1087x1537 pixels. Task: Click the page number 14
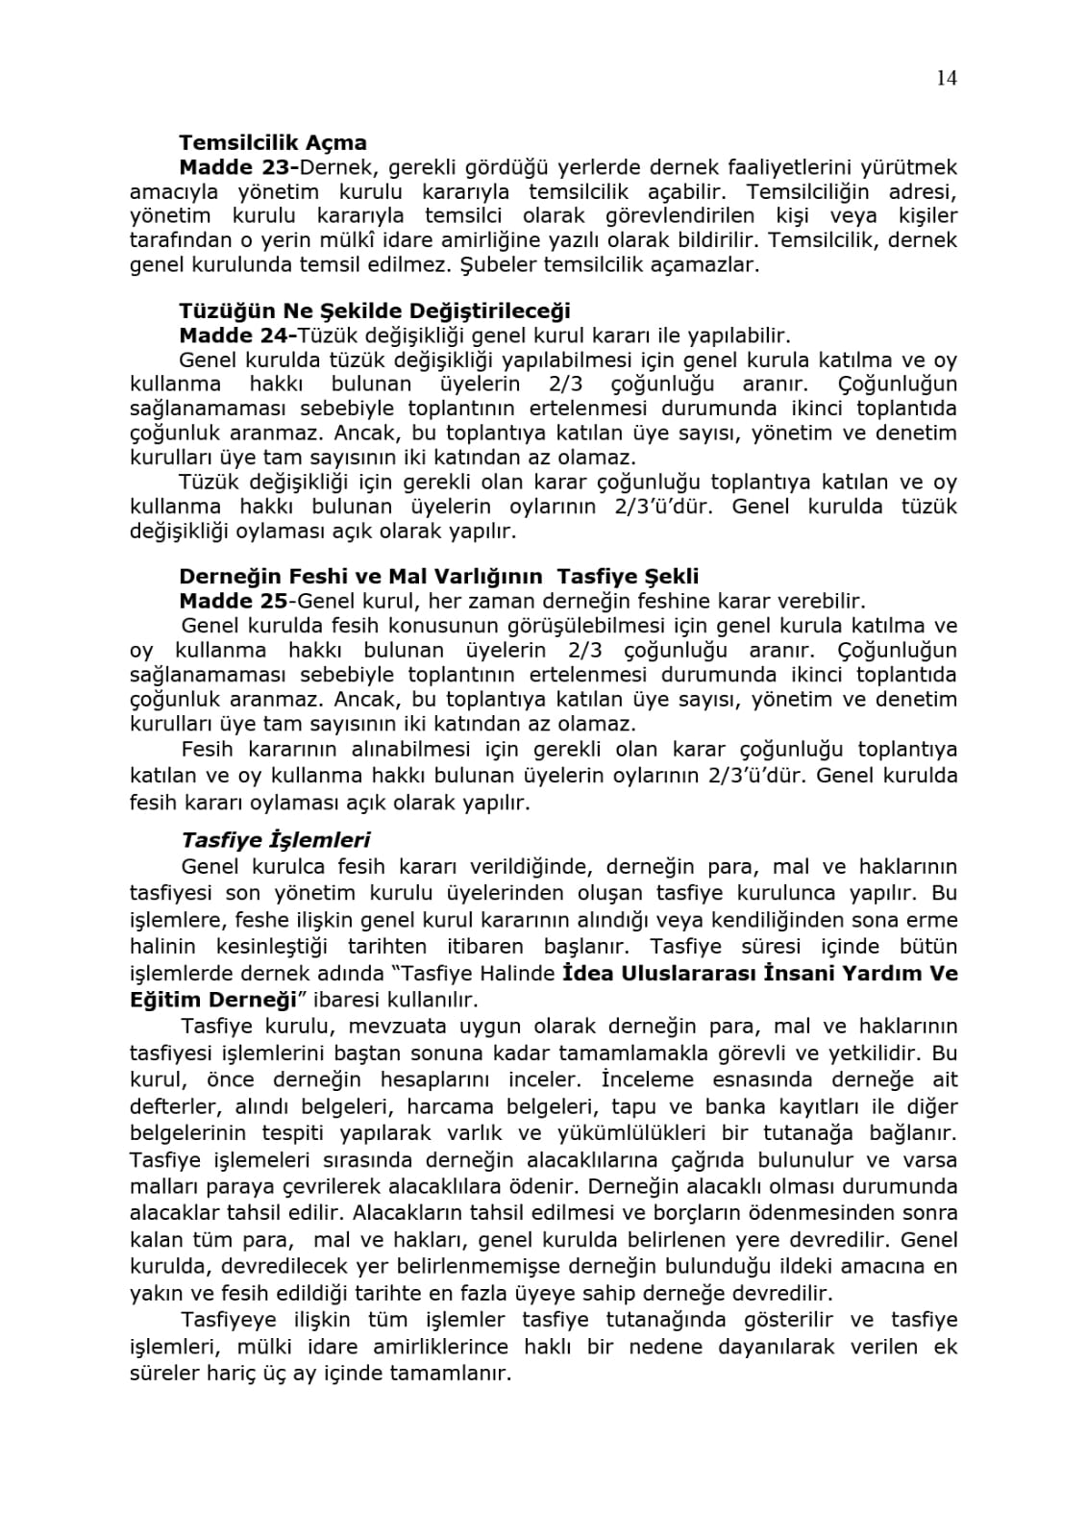tap(946, 79)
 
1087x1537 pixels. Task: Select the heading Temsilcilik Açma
tap(272, 143)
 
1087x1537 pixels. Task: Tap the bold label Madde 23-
tap(239, 167)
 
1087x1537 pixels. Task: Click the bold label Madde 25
tap(233, 601)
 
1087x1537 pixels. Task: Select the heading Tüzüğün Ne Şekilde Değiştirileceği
tap(374, 310)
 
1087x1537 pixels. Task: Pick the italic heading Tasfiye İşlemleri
tap(276, 840)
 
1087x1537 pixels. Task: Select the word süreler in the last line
tap(161, 1373)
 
